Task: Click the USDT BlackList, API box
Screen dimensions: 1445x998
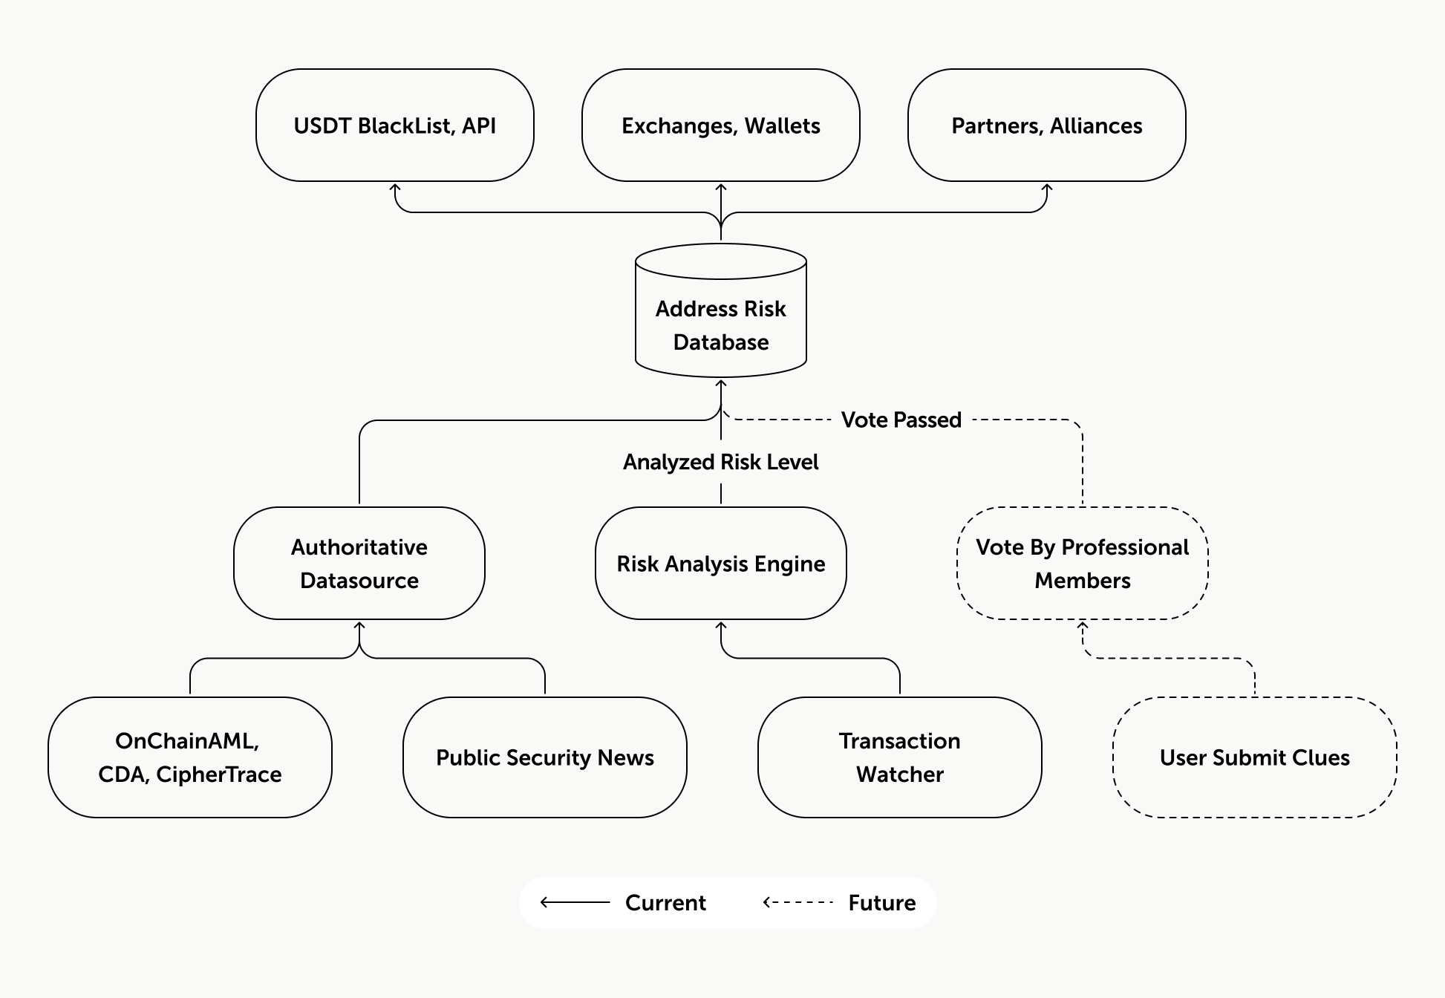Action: [x=395, y=125]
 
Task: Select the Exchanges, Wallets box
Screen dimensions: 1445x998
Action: [x=721, y=125]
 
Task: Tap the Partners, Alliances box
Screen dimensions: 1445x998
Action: [x=1047, y=125]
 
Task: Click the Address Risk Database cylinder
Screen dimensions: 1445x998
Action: [x=721, y=310]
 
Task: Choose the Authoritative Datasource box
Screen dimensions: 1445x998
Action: [x=359, y=564]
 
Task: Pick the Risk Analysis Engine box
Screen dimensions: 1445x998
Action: [x=721, y=564]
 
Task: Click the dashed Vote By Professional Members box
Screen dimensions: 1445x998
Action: [x=1083, y=564]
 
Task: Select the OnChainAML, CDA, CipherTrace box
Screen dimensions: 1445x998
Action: [x=190, y=757]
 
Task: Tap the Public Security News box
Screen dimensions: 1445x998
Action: [x=545, y=757]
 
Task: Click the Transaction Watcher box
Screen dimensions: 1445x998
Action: [x=900, y=757]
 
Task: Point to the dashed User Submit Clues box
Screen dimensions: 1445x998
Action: [x=1255, y=757]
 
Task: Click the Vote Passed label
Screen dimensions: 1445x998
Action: [x=901, y=420]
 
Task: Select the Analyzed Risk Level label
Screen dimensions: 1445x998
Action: [x=721, y=462]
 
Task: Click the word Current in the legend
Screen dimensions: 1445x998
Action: [x=665, y=903]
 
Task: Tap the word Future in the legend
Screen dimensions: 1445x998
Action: [x=882, y=903]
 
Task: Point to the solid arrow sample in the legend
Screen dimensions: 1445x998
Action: [x=575, y=903]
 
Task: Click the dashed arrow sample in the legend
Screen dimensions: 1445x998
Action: [x=799, y=903]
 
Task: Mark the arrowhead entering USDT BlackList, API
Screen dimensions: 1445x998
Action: [x=396, y=188]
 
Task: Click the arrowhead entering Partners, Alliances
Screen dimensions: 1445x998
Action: [x=1047, y=188]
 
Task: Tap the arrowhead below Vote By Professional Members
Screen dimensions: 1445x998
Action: [x=1083, y=626]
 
